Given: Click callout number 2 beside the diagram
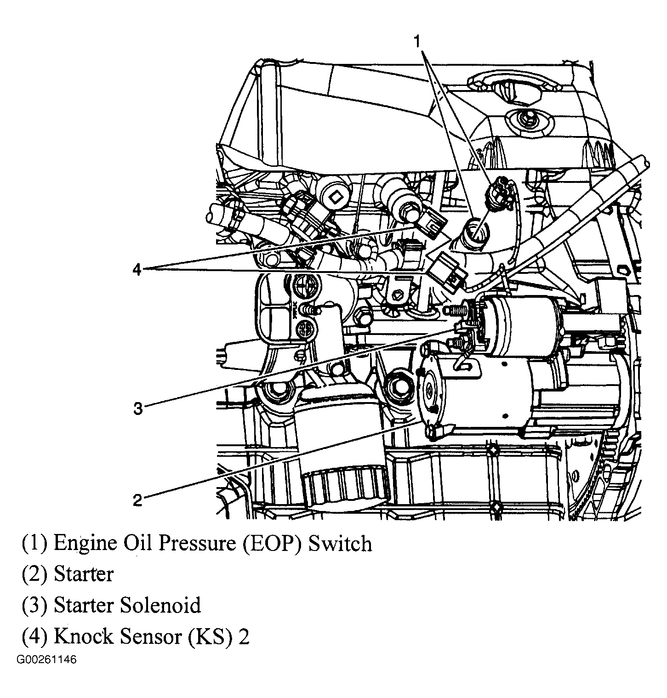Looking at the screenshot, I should click(x=138, y=500).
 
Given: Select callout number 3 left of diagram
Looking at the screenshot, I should click(x=138, y=408).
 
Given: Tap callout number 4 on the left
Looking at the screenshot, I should click(x=137, y=270).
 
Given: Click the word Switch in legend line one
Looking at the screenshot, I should click(x=340, y=544).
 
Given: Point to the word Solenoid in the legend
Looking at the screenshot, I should click(x=160, y=605).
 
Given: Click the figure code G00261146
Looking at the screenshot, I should click(x=46, y=660).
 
